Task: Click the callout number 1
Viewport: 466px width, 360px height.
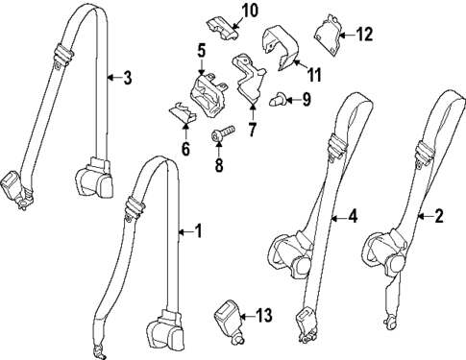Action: pos(199,230)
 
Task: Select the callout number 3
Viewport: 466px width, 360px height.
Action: pos(127,78)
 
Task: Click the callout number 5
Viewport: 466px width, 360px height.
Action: pos(202,49)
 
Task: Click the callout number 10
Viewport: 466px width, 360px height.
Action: pos(249,12)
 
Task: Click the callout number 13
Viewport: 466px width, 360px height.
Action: pos(264,316)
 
